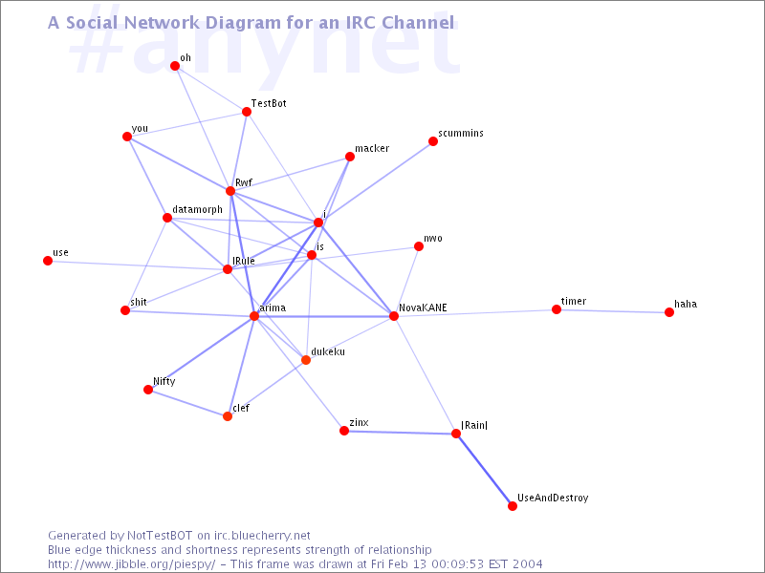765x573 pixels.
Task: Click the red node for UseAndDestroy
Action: coord(513,506)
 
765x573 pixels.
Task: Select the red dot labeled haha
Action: coord(669,312)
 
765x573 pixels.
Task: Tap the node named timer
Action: coord(557,309)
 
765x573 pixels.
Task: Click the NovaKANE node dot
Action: coord(394,316)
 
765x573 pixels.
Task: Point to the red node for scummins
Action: coord(433,141)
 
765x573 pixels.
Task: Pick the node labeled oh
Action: coord(175,66)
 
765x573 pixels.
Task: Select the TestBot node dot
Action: coord(247,112)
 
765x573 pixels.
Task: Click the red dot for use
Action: coord(47,261)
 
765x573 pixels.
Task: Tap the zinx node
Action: coord(344,431)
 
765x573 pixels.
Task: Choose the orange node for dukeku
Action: coord(306,360)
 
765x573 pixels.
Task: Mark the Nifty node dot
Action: coord(148,390)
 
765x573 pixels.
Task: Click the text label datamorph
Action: coord(198,209)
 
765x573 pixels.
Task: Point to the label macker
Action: coord(372,148)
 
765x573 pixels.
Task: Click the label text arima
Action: coord(273,308)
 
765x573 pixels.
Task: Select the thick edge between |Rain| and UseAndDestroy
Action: coord(484,470)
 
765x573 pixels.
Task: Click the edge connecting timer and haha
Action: coord(613,311)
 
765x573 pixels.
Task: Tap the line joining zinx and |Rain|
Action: coord(400,433)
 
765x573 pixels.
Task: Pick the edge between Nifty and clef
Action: coord(187,403)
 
